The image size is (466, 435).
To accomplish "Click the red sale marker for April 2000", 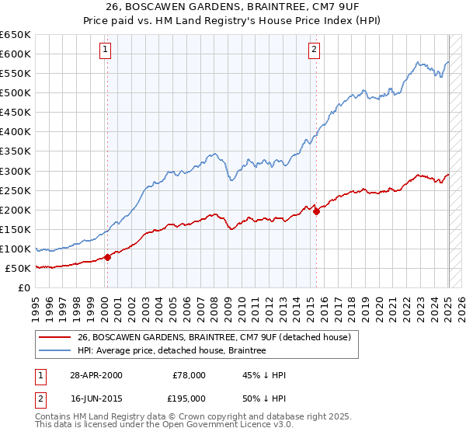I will click(107, 257).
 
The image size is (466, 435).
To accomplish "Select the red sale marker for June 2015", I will click(316, 211).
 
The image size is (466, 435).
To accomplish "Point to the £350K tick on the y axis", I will click(16, 151).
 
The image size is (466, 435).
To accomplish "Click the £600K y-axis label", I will click(16, 54).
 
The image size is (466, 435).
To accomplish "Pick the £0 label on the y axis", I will click(24, 288).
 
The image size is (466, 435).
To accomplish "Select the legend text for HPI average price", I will click(172, 351).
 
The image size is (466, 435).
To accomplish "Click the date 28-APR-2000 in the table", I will click(95, 375).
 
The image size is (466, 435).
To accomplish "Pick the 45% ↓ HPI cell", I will click(264, 375).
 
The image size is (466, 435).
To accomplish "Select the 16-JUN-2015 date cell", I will click(95, 398).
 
